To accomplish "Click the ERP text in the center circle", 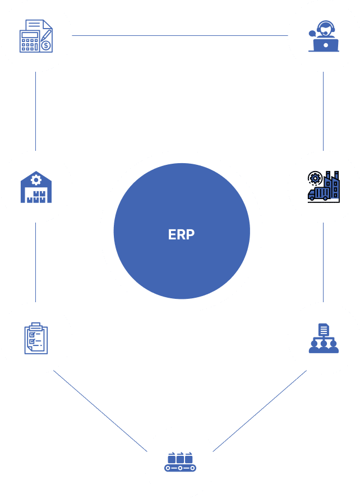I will pyautogui.click(x=181, y=234).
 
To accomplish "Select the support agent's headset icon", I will pyautogui.click(x=324, y=28).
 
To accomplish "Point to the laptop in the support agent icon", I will pyautogui.click(x=324, y=45).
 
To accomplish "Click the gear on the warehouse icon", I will pyautogui.click(x=36, y=179).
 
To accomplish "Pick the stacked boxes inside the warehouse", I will pyautogui.click(x=36, y=197).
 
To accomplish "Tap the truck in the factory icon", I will pyautogui.click(x=319, y=193).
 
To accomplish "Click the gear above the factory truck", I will pyautogui.click(x=315, y=178).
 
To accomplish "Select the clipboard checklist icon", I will pyautogui.click(x=36, y=338).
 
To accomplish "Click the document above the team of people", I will pyautogui.click(x=324, y=330).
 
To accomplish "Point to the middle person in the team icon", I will pyautogui.click(x=324, y=346).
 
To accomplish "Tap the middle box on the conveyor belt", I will pyautogui.click(x=180, y=458).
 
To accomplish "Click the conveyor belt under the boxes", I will pyautogui.click(x=180, y=467).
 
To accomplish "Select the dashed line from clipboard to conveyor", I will pyautogui.click(x=100, y=410).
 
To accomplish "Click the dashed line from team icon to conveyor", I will pyautogui.click(x=259, y=412).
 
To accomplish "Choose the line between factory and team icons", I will pyautogui.click(x=324, y=262).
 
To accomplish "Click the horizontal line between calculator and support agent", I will pyautogui.click(x=179, y=36).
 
